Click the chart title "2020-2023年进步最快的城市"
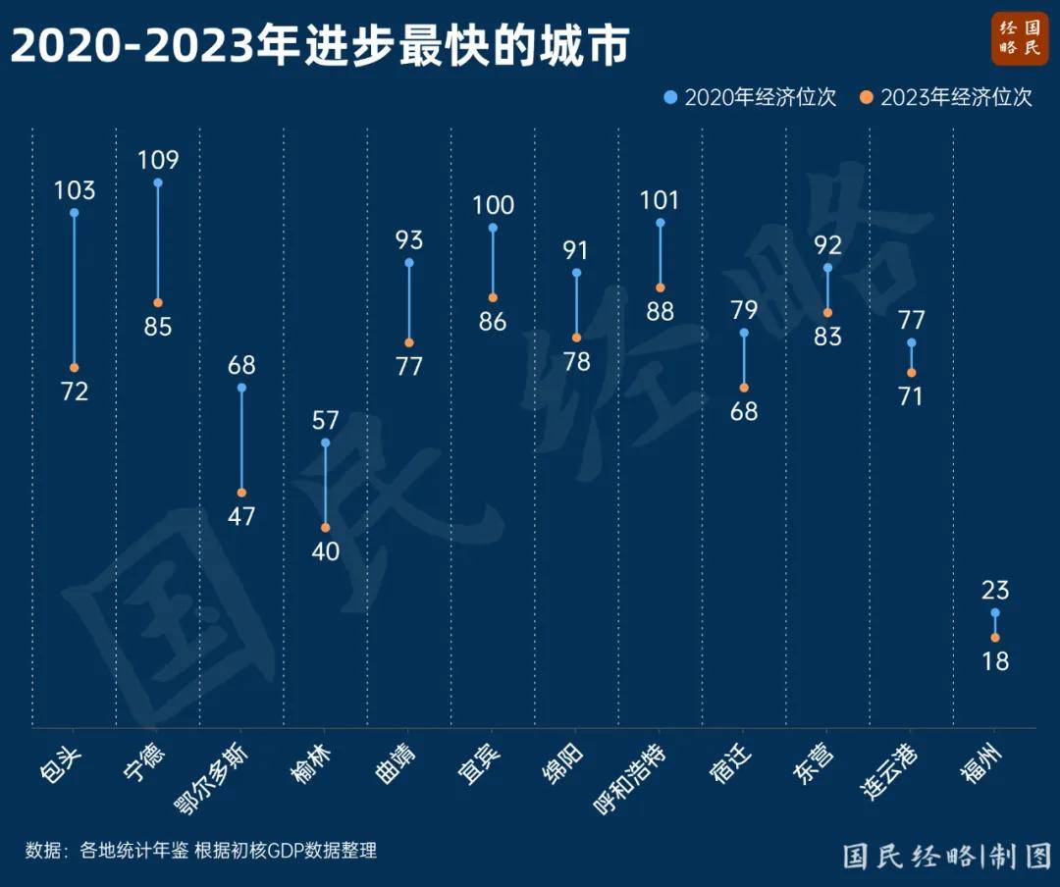point(319,46)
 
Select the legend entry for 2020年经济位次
point(751,97)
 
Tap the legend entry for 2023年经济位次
point(947,97)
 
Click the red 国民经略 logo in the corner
point(1019,39)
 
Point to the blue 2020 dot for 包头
point(75,212)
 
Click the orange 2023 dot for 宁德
point(158,302)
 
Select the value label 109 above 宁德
point(158,160)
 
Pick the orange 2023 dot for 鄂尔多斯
point(241,493)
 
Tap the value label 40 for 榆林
point(325,551)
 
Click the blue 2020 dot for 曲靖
point(409,263)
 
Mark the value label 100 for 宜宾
point(493,205)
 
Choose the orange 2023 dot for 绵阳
point(576,338)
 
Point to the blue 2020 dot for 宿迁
point(744,333)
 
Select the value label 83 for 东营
point(827,337)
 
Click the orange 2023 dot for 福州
point(995,638)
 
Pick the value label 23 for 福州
point(995,590)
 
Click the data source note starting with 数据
point(201,851)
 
